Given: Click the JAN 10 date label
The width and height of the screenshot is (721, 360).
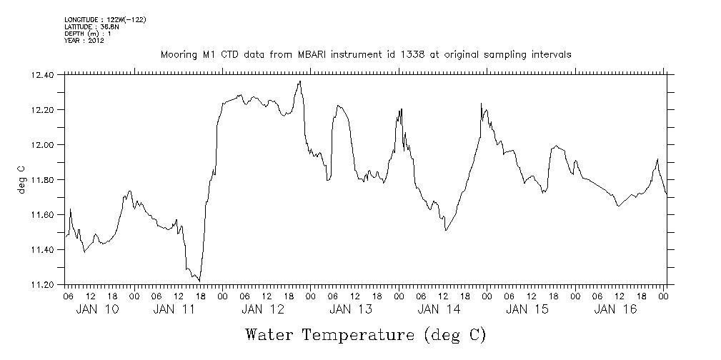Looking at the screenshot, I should click(97, 309).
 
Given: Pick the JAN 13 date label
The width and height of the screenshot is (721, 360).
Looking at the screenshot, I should click(350, 309).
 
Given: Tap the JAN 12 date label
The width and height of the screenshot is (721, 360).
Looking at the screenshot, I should click(262, 309).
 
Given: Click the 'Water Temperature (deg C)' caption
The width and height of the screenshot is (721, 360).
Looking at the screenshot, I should click(366, 334).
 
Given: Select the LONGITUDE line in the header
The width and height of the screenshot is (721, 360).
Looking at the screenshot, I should click(104, 19).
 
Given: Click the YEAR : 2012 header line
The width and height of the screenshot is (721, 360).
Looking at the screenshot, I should click(84, 41).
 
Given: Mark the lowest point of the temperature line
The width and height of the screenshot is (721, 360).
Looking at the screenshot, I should click(199, 281).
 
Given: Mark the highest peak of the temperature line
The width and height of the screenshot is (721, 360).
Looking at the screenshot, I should click(300, 81).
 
